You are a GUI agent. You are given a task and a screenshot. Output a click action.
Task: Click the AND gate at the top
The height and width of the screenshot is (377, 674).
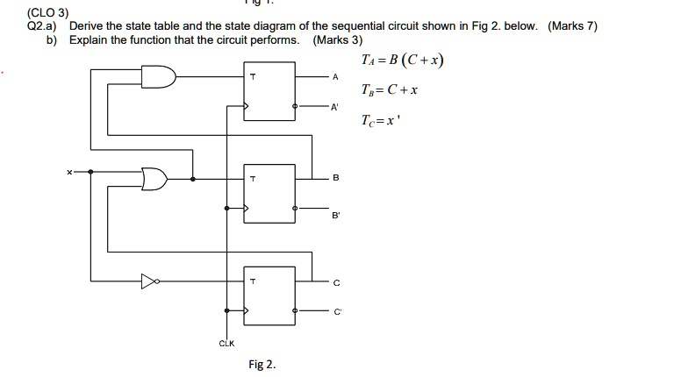click(x=161, y=77)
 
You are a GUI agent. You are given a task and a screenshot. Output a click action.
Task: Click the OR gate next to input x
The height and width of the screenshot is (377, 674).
click(x=155, y=178)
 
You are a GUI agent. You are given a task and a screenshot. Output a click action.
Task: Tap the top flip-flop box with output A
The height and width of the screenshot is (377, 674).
click(x=270, y=92)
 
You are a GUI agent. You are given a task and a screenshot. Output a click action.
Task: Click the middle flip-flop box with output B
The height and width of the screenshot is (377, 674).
click(x=270, y=193)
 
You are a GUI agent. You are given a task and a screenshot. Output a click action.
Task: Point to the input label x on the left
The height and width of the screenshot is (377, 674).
click(x=69, y=173)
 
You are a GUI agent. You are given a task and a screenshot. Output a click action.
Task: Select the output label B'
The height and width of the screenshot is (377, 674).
click(x=334, y=213)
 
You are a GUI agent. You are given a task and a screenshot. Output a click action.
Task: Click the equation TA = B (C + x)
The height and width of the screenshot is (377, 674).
click(x=402, y=60)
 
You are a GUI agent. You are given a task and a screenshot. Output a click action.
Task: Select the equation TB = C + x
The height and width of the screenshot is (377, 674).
click(x=390, y=90)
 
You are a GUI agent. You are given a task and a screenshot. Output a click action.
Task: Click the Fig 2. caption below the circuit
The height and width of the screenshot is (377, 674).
click(x=262, y=365)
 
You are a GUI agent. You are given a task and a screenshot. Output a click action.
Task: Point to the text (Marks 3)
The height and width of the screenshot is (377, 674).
click(x=337, y=40)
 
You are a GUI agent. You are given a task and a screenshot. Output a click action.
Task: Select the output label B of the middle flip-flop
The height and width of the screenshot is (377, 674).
click(x=334, y=178)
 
